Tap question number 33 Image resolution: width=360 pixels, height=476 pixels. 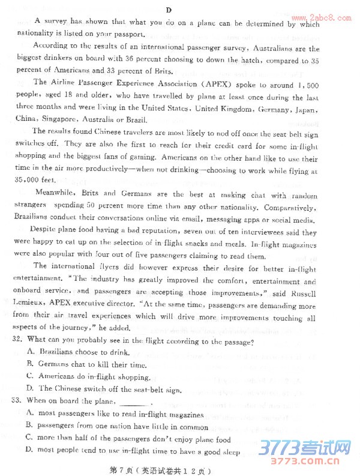[x=18, y=400]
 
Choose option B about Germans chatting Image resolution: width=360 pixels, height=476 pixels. [x=86, y=365]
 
